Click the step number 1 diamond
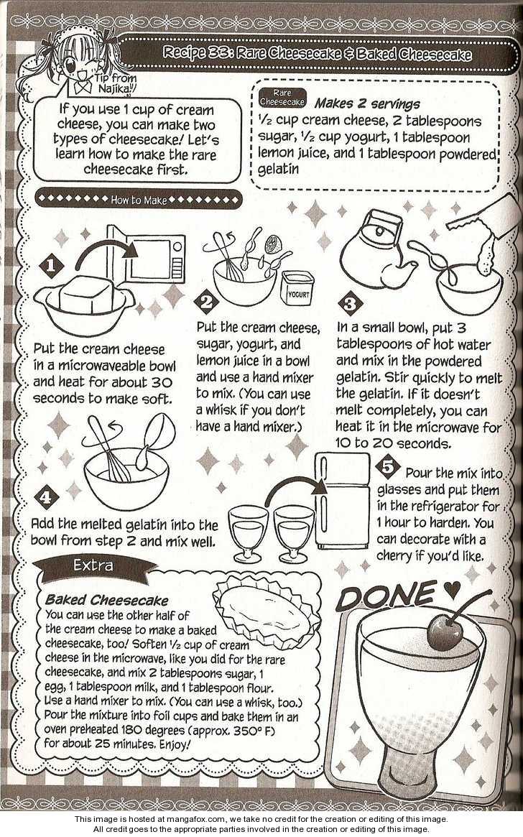point(51,265)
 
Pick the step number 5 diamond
point(388,466)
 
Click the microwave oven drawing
point(147,256)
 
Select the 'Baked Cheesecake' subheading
point(107,599)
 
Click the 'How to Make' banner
point(138,200)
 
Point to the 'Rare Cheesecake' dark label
point(282,97)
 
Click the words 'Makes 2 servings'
point(367,103)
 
